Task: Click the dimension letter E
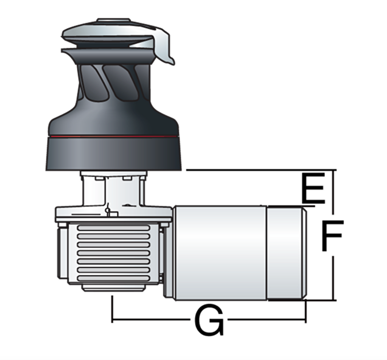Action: (x=313, y=188)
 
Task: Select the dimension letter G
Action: (x=209, y=320)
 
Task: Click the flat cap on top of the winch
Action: (x=113, y=20)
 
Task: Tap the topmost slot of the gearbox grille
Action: (x=113, y=228)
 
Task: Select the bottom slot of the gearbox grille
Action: (x=113, y=278)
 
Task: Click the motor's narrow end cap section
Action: (x=287, y=253)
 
